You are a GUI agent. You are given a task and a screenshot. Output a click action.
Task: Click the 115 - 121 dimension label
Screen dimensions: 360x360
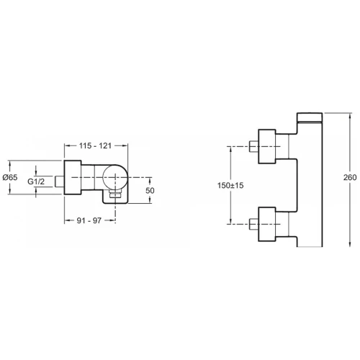[x=95, y=145]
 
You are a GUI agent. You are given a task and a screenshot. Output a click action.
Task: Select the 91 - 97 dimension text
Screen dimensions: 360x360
[x=89, y=220]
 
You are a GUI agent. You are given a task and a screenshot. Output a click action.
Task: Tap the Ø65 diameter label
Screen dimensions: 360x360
[x=10, y=177]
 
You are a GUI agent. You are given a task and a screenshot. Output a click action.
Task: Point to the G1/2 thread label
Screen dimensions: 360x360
[x=36, y=181]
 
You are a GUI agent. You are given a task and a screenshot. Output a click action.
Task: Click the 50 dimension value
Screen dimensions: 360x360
[x=150, y=191]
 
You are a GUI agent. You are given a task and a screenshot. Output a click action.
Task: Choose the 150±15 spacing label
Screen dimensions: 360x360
[x=230, y=185]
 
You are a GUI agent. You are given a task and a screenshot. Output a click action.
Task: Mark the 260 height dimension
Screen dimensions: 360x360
[x=350, y=177]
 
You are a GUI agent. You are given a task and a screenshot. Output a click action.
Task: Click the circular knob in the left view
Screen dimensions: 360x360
[x=114, y=177]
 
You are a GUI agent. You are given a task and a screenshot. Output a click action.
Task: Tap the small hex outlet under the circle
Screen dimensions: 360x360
[x=115, y=194]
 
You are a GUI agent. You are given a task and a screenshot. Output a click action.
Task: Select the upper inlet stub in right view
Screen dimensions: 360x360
[x=253, y=146]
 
